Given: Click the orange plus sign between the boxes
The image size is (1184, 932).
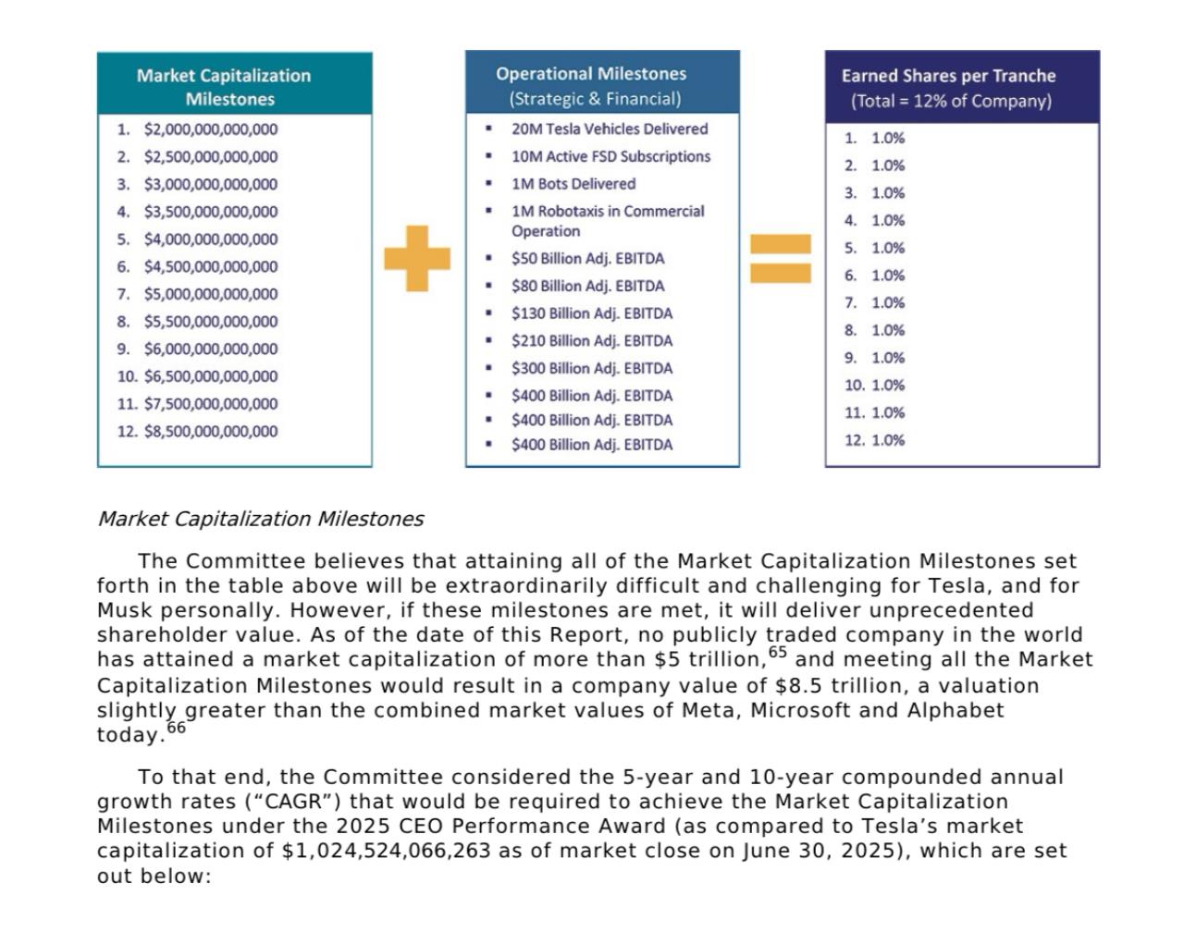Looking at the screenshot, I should tap(417, 258).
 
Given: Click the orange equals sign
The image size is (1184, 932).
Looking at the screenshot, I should tap(780, 258).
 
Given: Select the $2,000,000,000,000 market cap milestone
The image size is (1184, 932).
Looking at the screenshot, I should tap(210, 129).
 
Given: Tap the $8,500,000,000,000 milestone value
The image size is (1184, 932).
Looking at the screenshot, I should tap(210, 431).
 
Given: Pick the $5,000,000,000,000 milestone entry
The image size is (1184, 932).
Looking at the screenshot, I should tap(210, 294).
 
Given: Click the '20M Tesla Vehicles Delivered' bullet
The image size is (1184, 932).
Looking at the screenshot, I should tap(610, 129).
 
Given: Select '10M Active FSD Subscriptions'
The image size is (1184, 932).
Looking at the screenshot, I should tap(610, 156).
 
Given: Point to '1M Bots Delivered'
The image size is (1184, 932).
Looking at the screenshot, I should tap(573, 183).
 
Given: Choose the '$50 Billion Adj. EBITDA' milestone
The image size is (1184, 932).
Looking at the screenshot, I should tap(587, 258).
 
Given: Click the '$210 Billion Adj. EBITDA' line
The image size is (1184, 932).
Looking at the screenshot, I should tap(592, 340).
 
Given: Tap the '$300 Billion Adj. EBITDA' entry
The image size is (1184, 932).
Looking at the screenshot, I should tap(592, 368).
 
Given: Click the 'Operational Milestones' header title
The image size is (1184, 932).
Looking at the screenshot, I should tap(591, 73).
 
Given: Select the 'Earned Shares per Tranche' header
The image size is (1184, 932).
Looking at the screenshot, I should tap(948, 76).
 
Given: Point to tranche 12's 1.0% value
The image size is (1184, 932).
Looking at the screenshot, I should tap(888, 440).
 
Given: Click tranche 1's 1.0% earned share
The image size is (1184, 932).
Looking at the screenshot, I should tap(888, 138).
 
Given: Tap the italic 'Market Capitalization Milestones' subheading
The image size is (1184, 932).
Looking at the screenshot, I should tap(260, 519).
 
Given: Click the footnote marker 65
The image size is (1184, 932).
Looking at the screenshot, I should tap(777, 653).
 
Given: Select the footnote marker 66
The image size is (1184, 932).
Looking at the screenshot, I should tap(176, 728).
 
